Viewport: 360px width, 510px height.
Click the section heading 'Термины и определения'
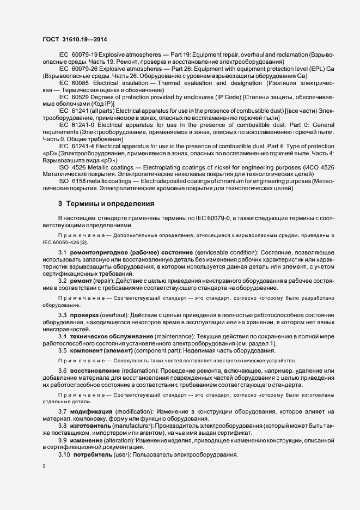(111, 203)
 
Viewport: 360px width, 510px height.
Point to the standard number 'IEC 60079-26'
(77, 69)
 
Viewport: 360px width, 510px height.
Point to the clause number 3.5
(62, 350)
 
